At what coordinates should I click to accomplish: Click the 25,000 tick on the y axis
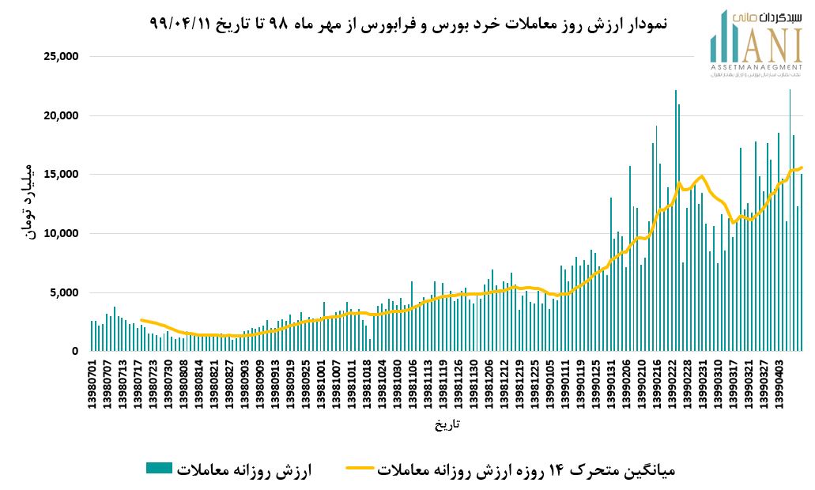pyautogui.click(x=59, y=57)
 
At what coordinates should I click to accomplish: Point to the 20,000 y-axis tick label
pyautogui.click(x=59, y=116)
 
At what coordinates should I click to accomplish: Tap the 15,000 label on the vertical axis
pyautogui.click(x=59, y=175)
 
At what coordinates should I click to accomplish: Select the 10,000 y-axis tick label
pyautogui.click(x=59, y=234)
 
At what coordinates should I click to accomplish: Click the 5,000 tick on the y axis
pyautogui.click(x=62, y=292)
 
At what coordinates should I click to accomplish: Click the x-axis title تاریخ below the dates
pyautogui.click(x=447, y=424)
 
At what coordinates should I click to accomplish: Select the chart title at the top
pyautogui.click(x=408, y=24)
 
